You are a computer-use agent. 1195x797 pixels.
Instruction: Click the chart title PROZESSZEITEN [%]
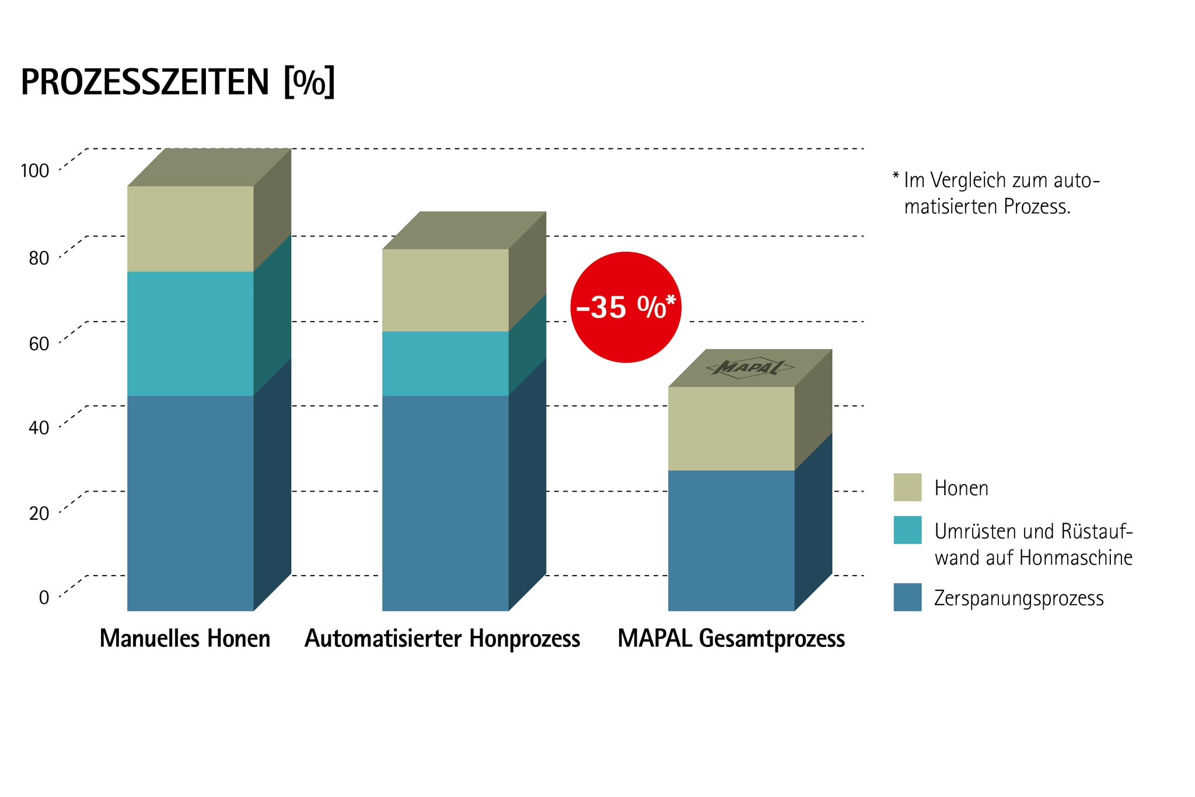[178, 82]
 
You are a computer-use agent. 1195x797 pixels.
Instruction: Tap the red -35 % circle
[626, 307]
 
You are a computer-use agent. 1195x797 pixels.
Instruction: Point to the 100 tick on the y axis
[35, 171]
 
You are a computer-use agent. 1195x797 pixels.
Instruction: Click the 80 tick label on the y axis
[39, 258]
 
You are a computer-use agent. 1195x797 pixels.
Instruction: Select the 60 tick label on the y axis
[39, 344]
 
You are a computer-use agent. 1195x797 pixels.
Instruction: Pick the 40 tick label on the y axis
[39, 428]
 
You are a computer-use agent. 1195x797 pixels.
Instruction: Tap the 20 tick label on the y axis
[39, 514]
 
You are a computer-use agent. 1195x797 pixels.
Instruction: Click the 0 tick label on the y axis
[44, 598]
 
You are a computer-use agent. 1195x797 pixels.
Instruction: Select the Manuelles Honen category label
[185, 639]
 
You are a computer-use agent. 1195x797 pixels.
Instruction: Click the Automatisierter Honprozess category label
[442, 639]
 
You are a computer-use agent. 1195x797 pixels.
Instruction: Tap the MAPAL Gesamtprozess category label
[731, 639]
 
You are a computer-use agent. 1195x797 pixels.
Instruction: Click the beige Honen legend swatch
[907, 487]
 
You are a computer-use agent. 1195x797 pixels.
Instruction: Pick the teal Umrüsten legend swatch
[907, 530]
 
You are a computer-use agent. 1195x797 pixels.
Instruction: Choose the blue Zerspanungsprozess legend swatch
[907, 597]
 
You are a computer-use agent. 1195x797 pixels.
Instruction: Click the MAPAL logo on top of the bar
[750, 368]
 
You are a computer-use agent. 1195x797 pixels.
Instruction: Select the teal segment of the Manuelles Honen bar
[190, 333]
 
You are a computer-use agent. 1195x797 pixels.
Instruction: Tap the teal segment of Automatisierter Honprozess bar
[445, 363]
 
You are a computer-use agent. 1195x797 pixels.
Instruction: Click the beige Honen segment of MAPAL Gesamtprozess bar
[731, 429]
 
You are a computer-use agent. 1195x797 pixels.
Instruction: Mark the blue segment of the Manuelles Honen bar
[190, 503]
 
